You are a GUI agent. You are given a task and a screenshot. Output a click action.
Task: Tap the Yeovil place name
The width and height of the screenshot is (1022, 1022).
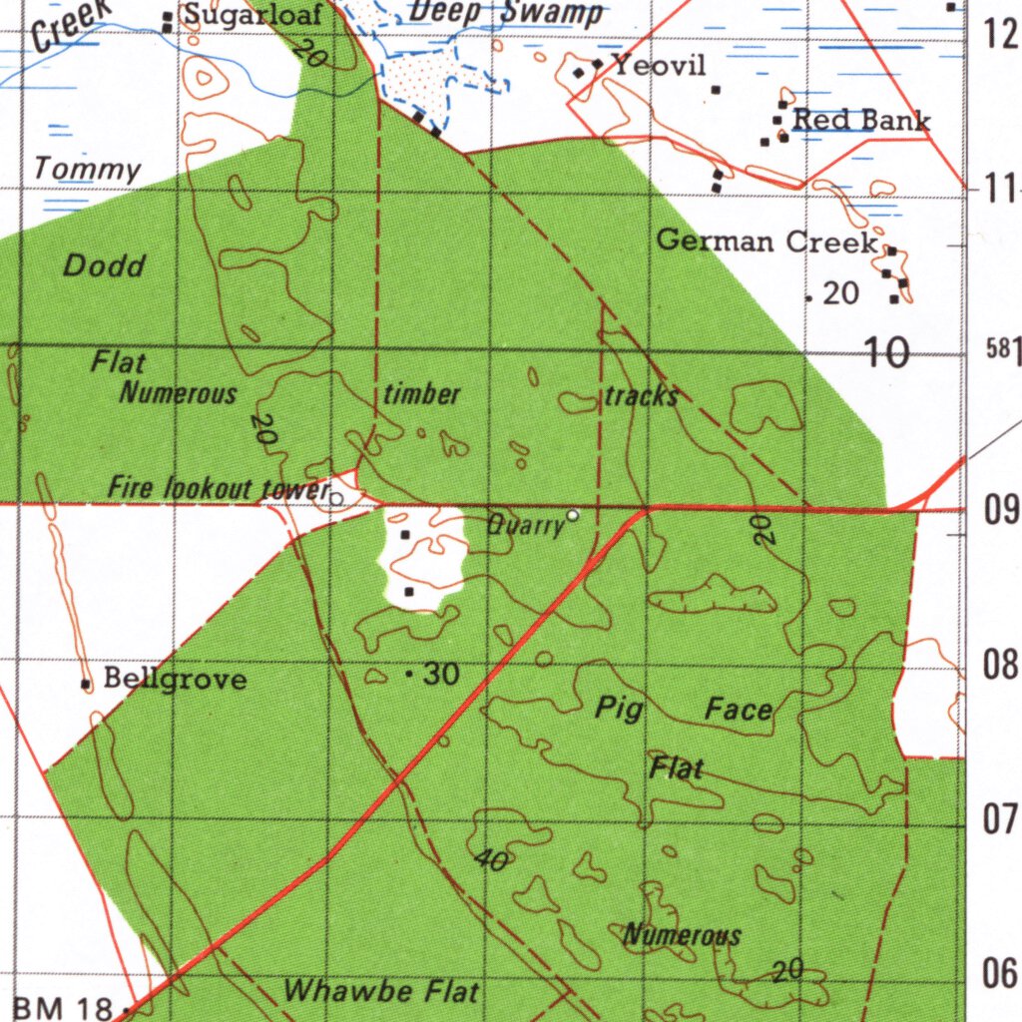coord(659,67)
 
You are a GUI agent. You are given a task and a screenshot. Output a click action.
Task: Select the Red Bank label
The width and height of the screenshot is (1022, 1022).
coord(861,121)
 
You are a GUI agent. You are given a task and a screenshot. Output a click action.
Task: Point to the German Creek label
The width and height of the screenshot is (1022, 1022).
coord(767,242)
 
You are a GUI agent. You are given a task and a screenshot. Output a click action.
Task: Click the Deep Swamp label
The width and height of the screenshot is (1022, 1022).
coord(506,12)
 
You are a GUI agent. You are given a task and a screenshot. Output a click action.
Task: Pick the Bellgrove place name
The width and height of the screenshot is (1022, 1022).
coord(175,680)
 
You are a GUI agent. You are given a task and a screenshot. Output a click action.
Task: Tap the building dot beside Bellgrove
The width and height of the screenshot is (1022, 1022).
coord(86,684)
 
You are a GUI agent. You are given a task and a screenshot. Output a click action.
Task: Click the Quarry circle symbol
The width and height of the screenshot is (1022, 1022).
coord(573,515)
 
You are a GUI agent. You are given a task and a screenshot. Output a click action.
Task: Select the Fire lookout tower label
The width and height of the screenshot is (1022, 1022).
coord(219,489)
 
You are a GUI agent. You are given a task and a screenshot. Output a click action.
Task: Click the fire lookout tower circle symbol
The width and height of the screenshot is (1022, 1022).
coord(337,498)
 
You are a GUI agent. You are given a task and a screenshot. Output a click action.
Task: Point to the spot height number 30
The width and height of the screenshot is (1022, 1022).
coord(441,676)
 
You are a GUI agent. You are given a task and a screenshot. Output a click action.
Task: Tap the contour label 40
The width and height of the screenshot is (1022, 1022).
coord(491,859)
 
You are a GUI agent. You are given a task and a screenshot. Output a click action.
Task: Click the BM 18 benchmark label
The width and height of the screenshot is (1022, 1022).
coord(63,1008)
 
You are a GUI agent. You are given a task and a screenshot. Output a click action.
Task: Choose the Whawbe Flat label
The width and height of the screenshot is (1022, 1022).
coord(381,992)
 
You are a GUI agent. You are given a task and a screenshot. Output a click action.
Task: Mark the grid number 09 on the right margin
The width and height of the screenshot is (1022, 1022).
coord(1001,512)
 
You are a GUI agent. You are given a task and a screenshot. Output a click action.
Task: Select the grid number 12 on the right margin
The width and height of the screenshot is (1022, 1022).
coord(1001,35)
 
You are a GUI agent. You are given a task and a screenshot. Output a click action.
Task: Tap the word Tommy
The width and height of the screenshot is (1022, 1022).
coord(88,169)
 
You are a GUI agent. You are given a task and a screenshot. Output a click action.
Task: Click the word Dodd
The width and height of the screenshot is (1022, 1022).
coord(104,265)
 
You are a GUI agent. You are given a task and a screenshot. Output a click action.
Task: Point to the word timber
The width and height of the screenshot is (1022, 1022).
coord(422,394)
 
